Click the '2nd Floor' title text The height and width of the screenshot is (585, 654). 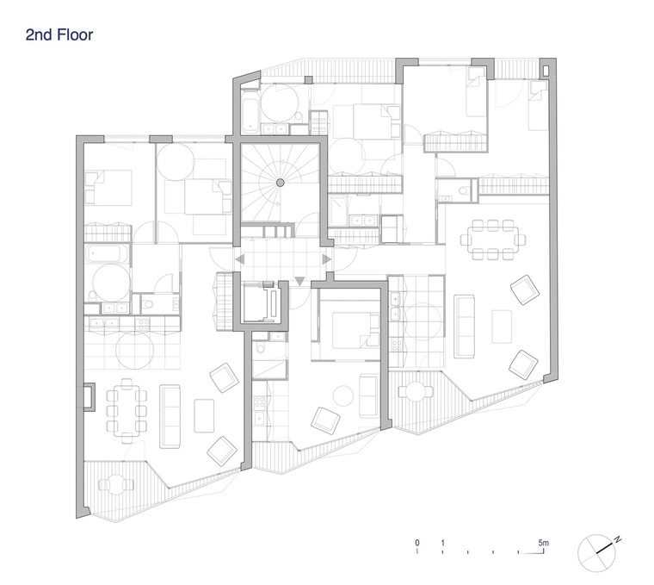[x=59, y=34]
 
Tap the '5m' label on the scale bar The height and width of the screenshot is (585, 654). [x=543, y=543]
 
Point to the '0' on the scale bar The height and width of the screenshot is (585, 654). [x=417, y=543]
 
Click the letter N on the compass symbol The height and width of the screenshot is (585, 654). [x=618, y=539]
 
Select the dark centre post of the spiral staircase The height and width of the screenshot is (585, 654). [x=281, y=183]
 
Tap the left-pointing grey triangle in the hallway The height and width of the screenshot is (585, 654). [x=239, y=259]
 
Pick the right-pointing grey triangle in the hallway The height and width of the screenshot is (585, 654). [x=327, y=259]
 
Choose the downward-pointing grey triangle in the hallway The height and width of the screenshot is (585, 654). [x=299, y=281]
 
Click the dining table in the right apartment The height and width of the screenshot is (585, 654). [x=492, y=240]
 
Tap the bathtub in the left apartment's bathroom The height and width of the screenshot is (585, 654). [x=108, y=253]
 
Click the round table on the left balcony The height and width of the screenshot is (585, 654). [x=116, y=484]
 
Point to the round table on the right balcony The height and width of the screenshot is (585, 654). [x=416, y=391]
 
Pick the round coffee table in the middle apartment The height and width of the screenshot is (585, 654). [x=343, y=395]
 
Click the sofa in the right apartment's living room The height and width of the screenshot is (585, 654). [x=464, y=327]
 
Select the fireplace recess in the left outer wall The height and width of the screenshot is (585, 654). [x=89, y=396]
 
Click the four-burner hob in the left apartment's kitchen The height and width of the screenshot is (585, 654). [x=143, y=322]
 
